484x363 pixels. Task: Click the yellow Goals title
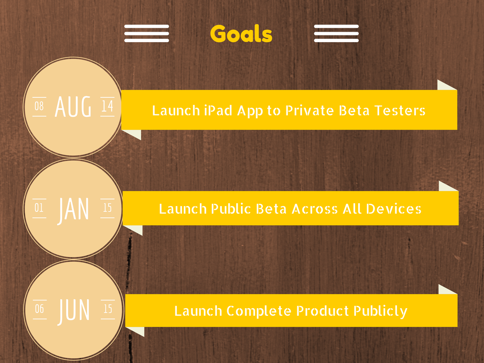[x=241, y=34]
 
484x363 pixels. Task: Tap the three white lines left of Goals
[x=147, y=34]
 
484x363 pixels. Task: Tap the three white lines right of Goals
[x=336, y=34]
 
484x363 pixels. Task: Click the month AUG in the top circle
[x=73, y=106]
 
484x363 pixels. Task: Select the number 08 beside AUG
[x=39, y=106]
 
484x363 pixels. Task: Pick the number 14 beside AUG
[x=107, y=106]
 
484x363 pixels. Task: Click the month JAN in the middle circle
[x=73, y=210]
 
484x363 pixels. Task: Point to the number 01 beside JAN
[x=39, y=208]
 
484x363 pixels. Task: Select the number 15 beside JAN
[x=107, y=208]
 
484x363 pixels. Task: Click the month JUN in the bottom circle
[x=74, y=311]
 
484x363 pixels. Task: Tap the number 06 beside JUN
[x=39, y=309]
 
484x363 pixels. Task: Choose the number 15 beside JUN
[x=107, y=309]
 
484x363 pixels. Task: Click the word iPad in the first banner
[x=218, y=110]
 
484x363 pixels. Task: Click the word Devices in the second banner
[x=394, y=208]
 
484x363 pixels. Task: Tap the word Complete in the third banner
[x=259, y=311]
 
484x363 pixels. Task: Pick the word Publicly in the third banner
[x=380, y=311]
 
